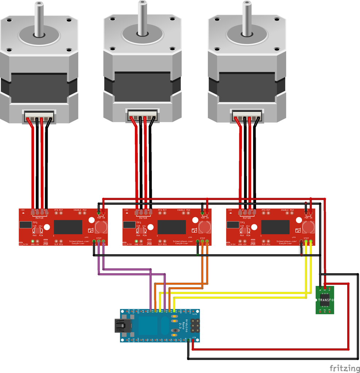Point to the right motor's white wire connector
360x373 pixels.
click(247, 116)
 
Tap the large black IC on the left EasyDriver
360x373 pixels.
click(68, 227)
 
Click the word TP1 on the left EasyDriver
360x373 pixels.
click(35, 222)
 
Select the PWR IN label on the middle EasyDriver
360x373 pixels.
click(205, 218)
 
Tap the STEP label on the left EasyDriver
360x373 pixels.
click(99, 238)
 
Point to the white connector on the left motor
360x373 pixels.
click(39, 116)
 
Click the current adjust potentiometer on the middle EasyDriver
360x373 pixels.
click(141, 231)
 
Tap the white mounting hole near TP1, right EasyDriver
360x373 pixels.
click(254, 227)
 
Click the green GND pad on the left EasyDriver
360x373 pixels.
click(32, 241)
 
